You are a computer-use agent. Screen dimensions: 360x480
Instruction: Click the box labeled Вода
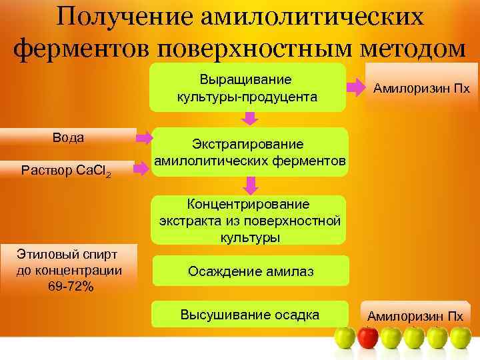click(68, 137)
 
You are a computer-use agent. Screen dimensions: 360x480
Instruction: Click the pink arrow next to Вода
click(145, 138)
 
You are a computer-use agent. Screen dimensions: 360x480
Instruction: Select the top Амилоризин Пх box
click(421, 87)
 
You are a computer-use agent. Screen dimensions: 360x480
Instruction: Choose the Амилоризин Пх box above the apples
click(415, 315)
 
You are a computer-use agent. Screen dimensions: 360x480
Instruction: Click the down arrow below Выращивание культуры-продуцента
click(249, 119)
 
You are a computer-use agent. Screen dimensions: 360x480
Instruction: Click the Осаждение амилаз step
click(251, 271)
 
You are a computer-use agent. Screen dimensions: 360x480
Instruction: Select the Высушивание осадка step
click(250, 315)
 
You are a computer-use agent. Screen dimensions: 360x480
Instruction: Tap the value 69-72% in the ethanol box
click(71, 287)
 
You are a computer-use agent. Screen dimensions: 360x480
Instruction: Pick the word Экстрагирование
click(248, 144)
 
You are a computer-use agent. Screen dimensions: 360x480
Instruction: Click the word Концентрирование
click(248, 203)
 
